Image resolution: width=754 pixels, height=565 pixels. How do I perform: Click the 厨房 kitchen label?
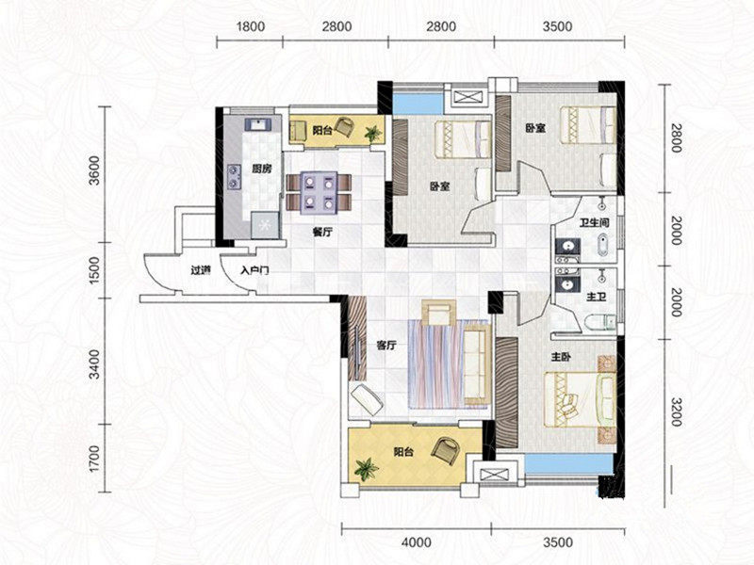pyautogui.click(x=262, y=169)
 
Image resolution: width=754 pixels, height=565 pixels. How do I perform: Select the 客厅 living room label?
pyautogui.click(x=386, y=345)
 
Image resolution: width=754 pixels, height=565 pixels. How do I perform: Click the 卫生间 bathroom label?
pyautogui.click(x=595, y=222)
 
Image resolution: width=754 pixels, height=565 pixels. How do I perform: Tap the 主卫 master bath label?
pyautogui.click(x=596, y=297)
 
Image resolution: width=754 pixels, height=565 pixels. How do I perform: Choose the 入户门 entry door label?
pyautogui.click(x=254, y=270)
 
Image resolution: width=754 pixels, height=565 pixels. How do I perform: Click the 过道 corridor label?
pyautogui.click(x=201, y=270)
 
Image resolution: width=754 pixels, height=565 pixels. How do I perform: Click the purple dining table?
pyautogui.click(x=319, y=193)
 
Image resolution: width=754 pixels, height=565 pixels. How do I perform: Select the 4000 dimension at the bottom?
pyautogui.click(x=417, y=542)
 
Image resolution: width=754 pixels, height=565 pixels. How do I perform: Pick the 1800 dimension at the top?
pyautogui.click(x=250, y=26)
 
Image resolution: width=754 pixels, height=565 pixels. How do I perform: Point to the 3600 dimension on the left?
pyautogui.click(x=95, y=170)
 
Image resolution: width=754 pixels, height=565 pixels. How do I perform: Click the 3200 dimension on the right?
pyautogui.click(x=676, y=412)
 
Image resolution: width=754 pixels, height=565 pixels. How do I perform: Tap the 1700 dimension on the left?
pyautogui.click(x=95, y=459)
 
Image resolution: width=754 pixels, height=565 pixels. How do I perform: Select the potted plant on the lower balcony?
pyautogui.click(x=367, y=469)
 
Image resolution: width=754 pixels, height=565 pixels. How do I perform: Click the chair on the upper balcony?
pyautogui.click(x=344, y=127)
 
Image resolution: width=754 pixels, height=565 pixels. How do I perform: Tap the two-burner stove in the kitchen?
pyautogui.click(x=234, y=176)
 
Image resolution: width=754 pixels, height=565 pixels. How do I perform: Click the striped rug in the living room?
pyautogui.click(x=447, y=363)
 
